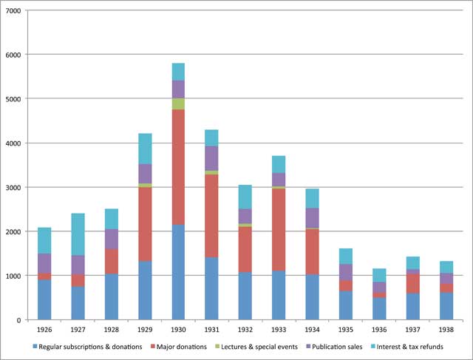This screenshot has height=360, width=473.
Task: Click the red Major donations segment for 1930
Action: pyautogui.click(x=178, y=167)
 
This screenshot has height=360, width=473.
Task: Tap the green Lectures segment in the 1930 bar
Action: pyautogui.click(x=178, y=103)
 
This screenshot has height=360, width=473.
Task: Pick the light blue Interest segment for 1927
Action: pyautogui.click(x=78, y=234)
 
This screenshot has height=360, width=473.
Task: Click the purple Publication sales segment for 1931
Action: pyautogui.click(x=211, y=158)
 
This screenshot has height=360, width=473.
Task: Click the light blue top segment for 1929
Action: pyautogui.click(x=145, y=149)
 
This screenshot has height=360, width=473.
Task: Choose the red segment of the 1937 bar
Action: pyautogui.click(x=412, y=284)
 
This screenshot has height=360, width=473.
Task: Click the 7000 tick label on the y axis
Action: pyautogui.click(x=13, y=11)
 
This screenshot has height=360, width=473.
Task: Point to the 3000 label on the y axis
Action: pyautogui.click(x=13, y=187)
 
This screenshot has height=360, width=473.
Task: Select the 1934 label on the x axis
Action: pyautogui.click(x=311, y=330)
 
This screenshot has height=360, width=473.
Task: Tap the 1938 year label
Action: pyautogui.click(x=446, y=330)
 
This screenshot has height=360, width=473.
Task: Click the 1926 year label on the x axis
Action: pyautogui.click(x=44, y=330)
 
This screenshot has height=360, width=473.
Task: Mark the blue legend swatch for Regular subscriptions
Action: pyautogui.click(x=36, y=346)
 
